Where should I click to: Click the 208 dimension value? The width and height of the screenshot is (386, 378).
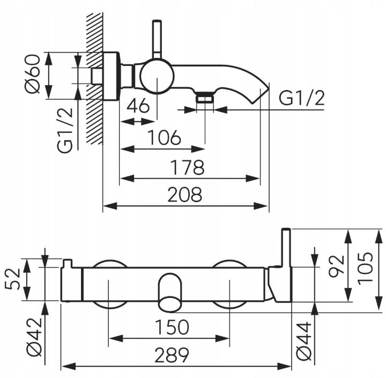[184, 194]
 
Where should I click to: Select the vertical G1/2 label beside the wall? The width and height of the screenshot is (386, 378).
[64, 130]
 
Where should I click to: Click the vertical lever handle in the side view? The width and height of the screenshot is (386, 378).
[157, 40]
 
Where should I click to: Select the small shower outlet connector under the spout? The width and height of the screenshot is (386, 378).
[205, 98]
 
